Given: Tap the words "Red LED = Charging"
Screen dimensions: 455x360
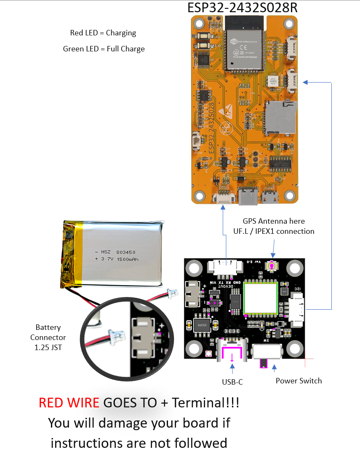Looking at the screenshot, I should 103,33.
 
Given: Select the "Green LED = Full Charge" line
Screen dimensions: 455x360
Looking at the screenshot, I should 104,49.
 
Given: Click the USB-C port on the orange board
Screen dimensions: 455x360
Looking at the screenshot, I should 248,196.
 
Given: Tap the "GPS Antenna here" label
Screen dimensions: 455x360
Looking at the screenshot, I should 274,221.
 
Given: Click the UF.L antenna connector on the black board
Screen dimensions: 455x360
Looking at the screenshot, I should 272,266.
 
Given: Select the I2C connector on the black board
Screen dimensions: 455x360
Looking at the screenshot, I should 296,310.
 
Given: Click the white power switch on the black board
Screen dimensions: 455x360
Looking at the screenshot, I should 266,351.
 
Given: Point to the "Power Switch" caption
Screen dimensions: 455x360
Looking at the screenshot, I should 299,381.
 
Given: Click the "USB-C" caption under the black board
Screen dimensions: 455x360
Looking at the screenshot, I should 232,382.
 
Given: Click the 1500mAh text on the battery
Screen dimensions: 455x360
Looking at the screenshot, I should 128,259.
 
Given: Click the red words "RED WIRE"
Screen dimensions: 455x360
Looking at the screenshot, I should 69,403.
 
